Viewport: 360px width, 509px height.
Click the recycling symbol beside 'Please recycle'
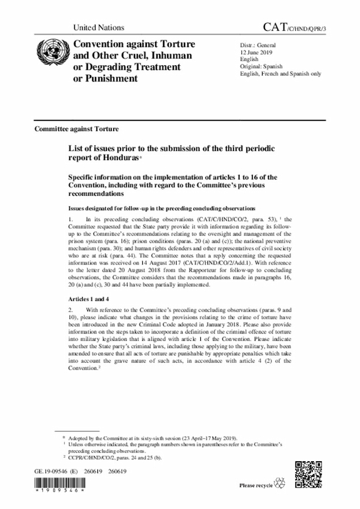click(x=280, y=483)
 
